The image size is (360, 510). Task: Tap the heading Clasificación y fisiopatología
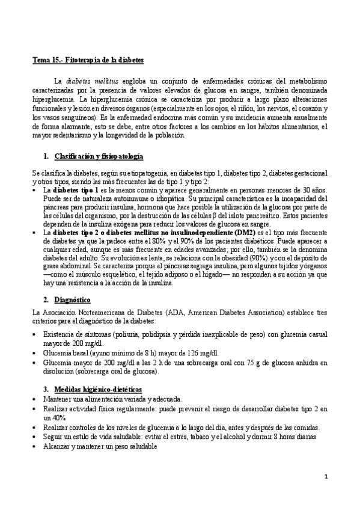(x=99, y=156)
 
